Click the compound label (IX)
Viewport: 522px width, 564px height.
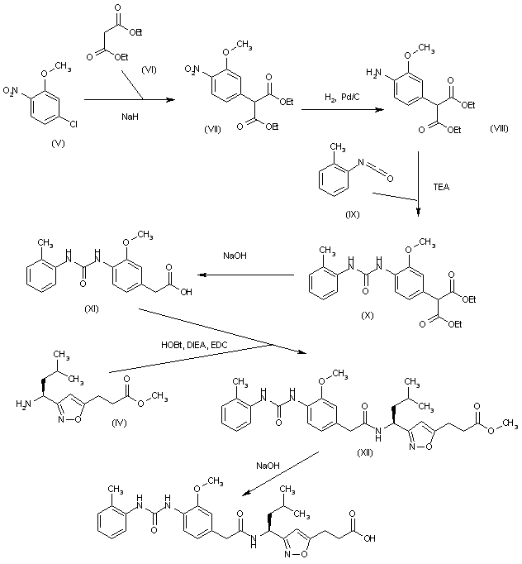tap(352, 214)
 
